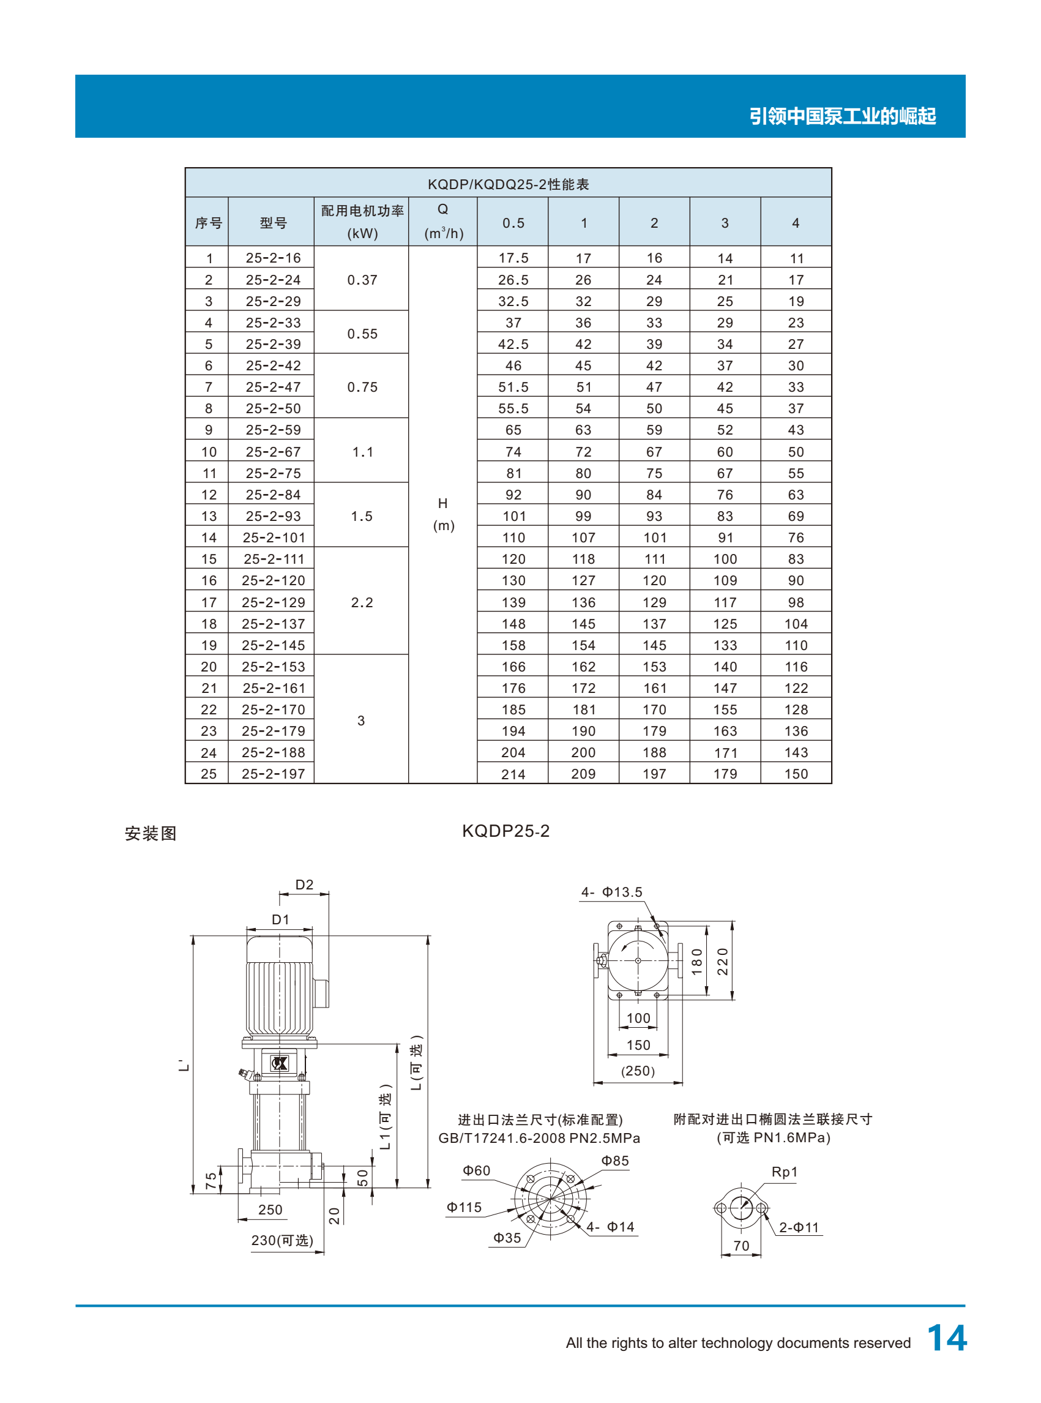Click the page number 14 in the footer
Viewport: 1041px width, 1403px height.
(947, 1338)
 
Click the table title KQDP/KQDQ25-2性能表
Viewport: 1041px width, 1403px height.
(508, 184)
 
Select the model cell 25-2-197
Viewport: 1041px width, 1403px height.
(273, 773)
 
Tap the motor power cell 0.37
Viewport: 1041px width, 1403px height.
(362, 280)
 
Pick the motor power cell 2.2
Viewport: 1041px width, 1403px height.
(362, 602)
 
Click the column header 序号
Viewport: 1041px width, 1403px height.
(208, 222)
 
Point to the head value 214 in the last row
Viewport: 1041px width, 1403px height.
(513, 774)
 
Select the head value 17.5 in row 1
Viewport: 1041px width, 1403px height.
(513, 258)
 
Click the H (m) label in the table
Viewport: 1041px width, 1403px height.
(443, 514)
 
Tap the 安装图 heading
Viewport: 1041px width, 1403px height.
(151, 833)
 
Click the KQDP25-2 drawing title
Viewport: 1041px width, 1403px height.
(506, 831)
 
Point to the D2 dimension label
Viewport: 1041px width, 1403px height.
(304, 885)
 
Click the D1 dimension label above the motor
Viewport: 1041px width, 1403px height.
(280, 919)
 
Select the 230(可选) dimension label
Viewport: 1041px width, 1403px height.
(282, 1240)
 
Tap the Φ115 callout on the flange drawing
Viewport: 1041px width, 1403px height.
(464, 1207)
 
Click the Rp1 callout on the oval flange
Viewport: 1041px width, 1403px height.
(785, 1172)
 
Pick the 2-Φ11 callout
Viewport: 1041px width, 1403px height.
(799, 1227)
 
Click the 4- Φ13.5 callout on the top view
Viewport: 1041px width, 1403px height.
(611, 892)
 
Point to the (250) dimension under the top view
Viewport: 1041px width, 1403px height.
(638, 1071)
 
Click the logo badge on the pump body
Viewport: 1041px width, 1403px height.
(279, 1063)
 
